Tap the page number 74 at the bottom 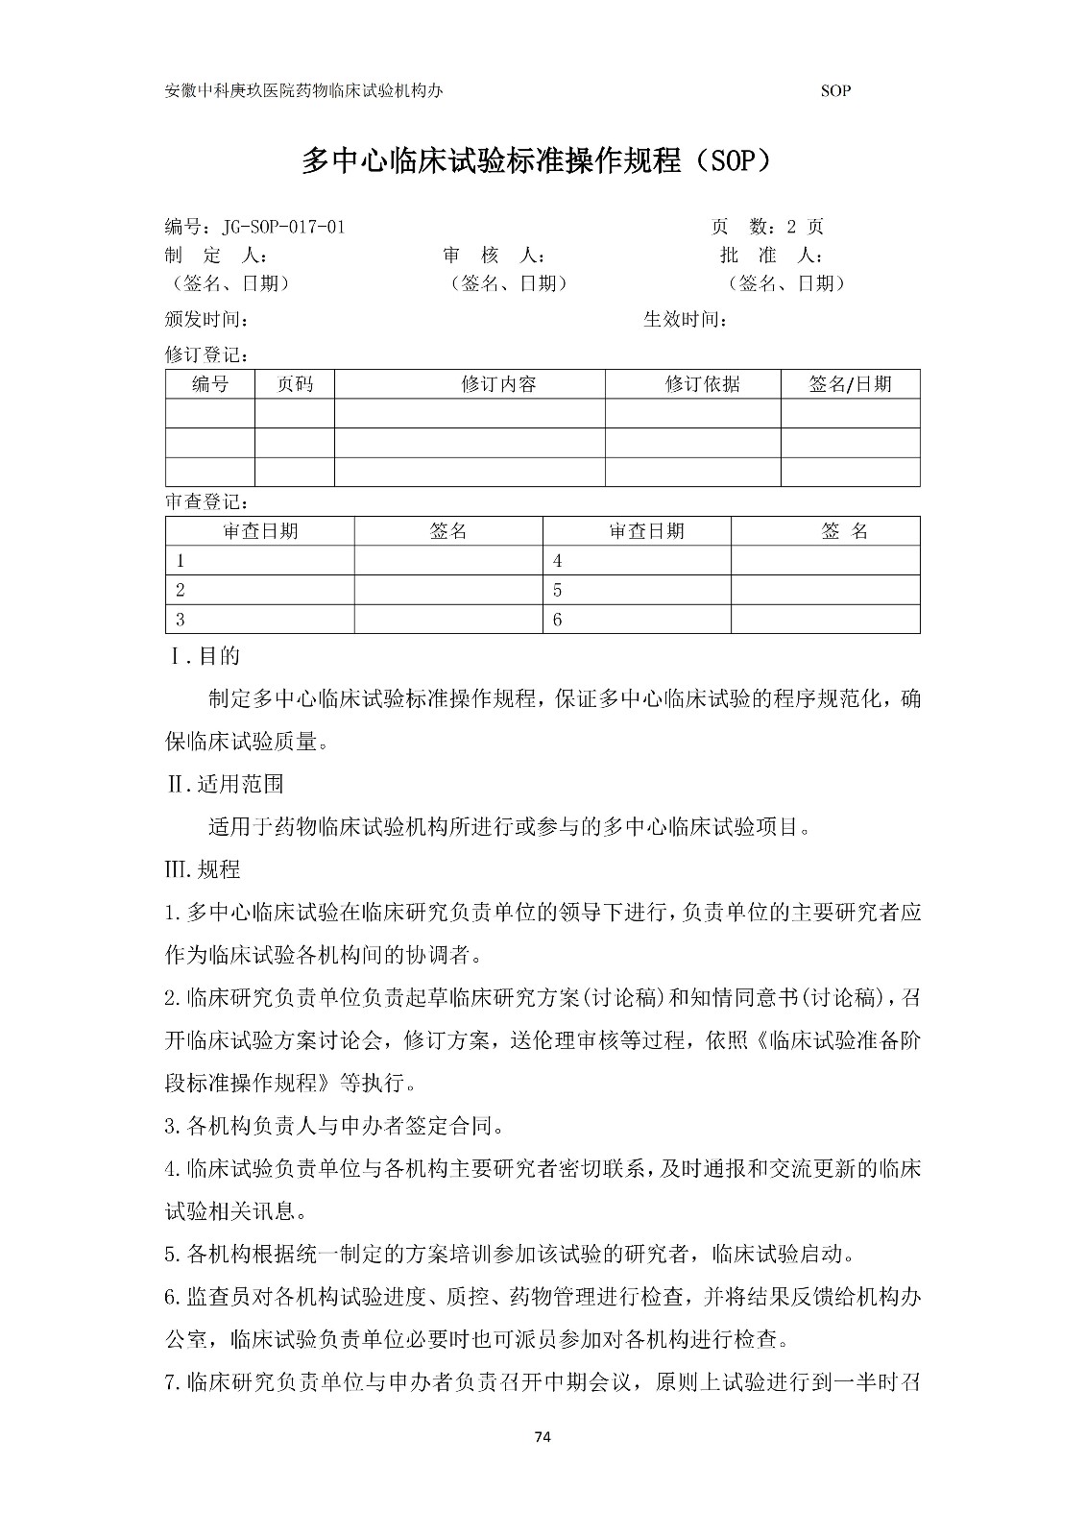click(543, 1437)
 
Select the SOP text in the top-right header click(836, 91)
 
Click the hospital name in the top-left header click(304, 91)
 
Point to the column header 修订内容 click(498, 384)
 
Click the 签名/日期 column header click(850, 384)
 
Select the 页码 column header click(295, 384)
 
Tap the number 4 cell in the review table click(558, 561)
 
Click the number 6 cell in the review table click(558, 620)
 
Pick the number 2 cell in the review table click(180, 591)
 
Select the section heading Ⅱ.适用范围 click(226, 784)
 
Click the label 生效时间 click(685, 319)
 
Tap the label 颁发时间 click(206, 319)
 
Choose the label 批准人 click(771, 256)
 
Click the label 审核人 click(494, 256)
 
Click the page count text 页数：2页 click(767, 228)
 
